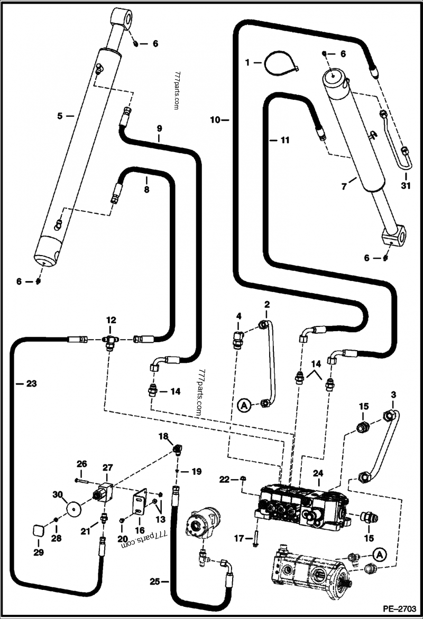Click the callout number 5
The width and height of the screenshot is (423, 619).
(x=60, y=115)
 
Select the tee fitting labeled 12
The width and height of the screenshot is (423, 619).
(x=111, y=340)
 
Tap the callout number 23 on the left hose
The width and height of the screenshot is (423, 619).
(x=31, y=384)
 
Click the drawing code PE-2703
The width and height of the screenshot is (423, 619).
(x=400, y=607)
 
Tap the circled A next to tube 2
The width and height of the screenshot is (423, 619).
(x=243, y=406)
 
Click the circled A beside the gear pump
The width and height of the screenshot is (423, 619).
(x=379, y=555)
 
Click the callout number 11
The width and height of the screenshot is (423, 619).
(x=285, y=140)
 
